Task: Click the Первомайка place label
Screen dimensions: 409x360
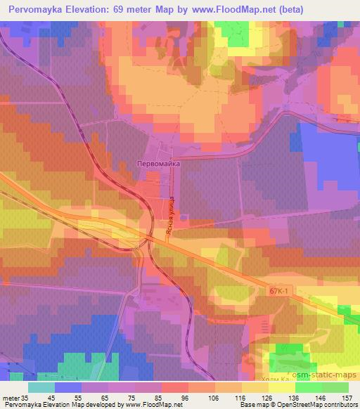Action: tap(158, 163)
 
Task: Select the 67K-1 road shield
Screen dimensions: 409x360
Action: tap(279, 290)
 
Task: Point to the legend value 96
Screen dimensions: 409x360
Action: tap(166, 398)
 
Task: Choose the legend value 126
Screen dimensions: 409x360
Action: tap(245, 398)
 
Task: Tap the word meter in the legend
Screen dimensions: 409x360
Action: tap(10, 398)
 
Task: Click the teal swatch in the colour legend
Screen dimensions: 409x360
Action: tap(42, 387)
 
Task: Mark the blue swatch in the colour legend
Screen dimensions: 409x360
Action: tap(69, 387)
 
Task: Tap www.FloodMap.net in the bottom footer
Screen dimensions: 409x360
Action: tap(150, 405)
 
